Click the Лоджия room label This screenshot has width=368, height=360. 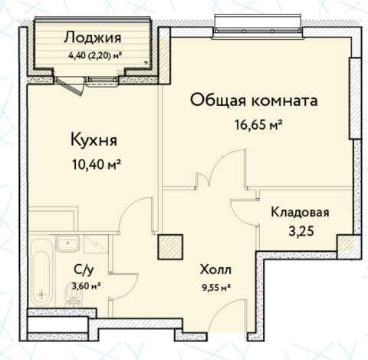(93, 38)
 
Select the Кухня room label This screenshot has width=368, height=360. (94, 140)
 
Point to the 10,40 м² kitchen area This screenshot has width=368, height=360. (97, 164)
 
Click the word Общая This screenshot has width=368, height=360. (218, 101)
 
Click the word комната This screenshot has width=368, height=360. (284, 101)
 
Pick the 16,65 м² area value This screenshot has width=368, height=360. (258, 125)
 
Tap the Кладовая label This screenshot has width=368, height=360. (300, 213)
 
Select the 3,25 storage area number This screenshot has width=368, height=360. (301, 232)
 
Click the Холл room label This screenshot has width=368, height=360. (216, 269)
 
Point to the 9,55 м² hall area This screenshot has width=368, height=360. (215, 288)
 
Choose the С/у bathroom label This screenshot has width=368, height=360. (83, 269)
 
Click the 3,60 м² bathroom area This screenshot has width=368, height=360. (86, 286)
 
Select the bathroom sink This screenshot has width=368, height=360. (68, 243)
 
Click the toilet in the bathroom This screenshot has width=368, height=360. (74, 296)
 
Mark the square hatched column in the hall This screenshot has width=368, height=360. (170, 247)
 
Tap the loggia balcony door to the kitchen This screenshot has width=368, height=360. (70, 87)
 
